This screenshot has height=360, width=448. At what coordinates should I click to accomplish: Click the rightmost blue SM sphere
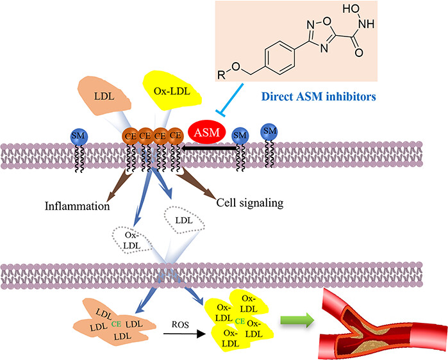tap(270, 131)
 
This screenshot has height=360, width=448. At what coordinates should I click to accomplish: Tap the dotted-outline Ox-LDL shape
tap(131, 240)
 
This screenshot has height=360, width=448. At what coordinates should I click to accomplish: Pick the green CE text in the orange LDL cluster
tap(115, 325)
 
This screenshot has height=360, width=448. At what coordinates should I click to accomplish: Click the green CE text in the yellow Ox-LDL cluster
tap(238, 321)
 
